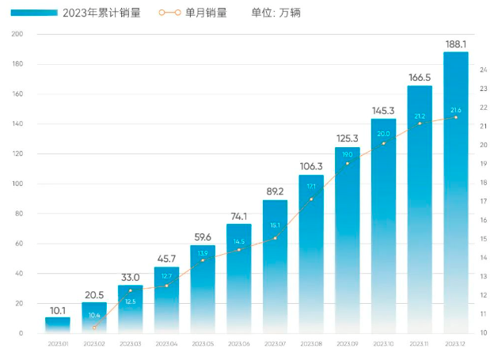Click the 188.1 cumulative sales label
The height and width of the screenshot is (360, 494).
pos(456,44)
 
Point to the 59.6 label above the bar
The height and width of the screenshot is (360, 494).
pos(203,237)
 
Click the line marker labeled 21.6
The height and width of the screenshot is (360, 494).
pos(456,118)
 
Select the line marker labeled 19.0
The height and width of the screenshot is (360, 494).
pos(348,163)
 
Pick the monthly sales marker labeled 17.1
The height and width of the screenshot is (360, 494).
pos(311,199)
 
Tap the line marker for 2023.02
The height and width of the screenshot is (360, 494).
pos(94,327)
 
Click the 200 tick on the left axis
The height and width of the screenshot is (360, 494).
pos(18,34)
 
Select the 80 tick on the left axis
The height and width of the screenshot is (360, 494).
pos(18,214)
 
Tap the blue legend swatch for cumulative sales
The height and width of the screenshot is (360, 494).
pos(34,13)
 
